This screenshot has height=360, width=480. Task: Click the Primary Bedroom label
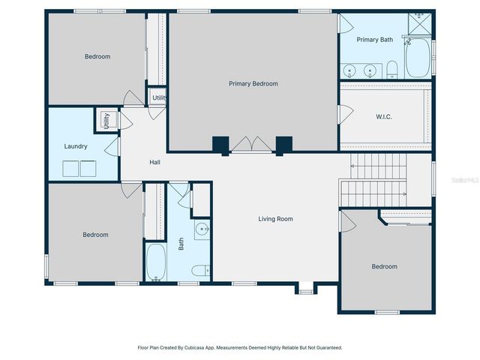pyautogui.click(x=253, y=84)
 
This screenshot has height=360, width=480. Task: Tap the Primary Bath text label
pyautogui.click(x=374, y=40)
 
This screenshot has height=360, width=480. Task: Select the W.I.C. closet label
pyautogui.click(x=383, y=117)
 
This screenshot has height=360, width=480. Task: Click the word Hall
pyautogui.click(x=154, y=162)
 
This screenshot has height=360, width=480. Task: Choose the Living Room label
pyautogui.click(x=275, y=219)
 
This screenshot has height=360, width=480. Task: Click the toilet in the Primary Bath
pyautogui.click(x=391, y=71)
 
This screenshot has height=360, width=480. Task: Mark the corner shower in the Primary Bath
pyautogui.click(x=420, y=23)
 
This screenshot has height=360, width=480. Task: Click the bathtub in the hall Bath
pyautogui.click(x=156, y=262)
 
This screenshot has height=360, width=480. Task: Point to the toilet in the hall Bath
pyautogui.click(x=199, y=271)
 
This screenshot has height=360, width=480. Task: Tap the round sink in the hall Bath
pyautogui.click(x=202, y=229)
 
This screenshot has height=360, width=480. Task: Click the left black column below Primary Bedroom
pyautogui.click(x=220, y=145)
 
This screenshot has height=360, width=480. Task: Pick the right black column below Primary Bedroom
pyautogui.click(x=283, y=145)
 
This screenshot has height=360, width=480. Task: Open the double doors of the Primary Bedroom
pyautogui.click(x=251, y=145)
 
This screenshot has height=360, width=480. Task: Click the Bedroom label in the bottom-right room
pyautogui.click(x=385, y=266)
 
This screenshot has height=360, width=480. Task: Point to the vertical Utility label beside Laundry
pyautogui.click(x=106, y=121)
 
